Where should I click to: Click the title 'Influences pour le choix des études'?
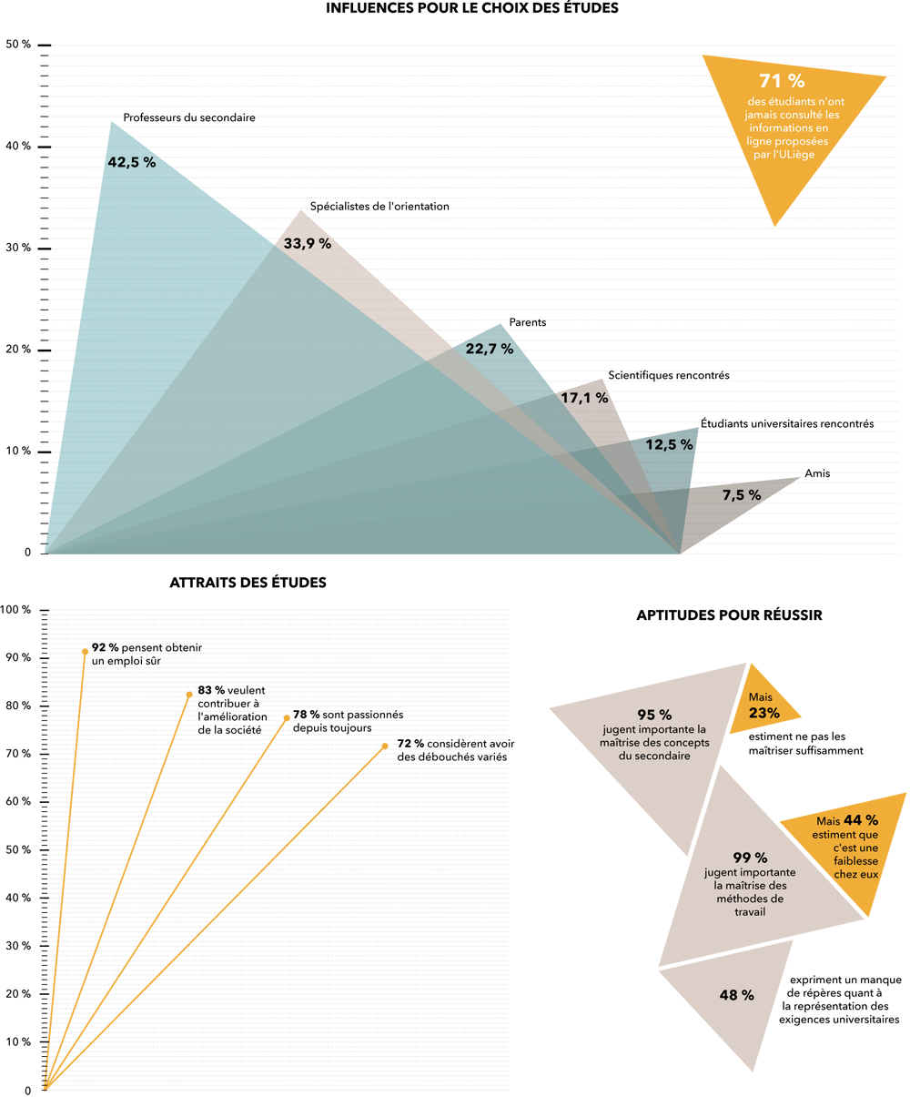click(472, 8)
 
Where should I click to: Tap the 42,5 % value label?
click(132, 162)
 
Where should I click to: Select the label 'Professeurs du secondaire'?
click(189, 117)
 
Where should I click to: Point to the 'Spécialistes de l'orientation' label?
click(379, 207)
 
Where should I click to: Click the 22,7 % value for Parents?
click(490, 349)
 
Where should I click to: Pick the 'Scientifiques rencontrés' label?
click(669, 375)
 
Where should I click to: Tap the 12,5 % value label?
click(669, 444)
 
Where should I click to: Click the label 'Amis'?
click(817, 473)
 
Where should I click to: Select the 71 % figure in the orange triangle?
click(782, 81)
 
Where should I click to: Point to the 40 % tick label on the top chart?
click(18, 146)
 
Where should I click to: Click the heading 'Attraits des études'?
click(248, 583)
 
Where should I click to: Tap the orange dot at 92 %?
click(85, 652)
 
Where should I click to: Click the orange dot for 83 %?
click(189, 696)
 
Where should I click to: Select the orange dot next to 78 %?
click(287, 718)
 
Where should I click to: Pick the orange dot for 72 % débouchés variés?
click(385, 746)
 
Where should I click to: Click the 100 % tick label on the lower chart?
click(15, 609)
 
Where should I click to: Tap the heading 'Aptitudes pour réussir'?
click(730, 615)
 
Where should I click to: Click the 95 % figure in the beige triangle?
click(654, 715)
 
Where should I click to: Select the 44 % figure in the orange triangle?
click(861, 820)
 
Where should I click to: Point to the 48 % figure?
click(737, 995)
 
